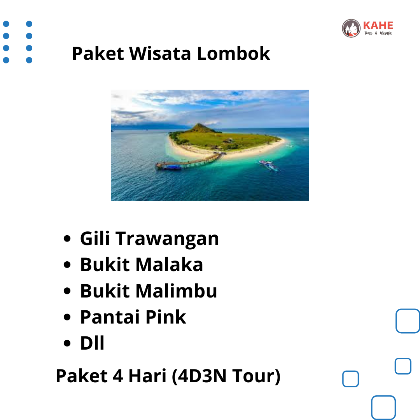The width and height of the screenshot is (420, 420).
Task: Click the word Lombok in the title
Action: point(233,53)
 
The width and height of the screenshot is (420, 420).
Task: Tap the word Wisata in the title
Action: point(160,53)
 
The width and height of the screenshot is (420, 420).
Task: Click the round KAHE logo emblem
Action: point(351,28)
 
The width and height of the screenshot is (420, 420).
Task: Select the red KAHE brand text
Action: point(378,25)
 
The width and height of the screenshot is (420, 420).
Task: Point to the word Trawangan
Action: point(167,239)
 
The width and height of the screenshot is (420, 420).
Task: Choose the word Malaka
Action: point(169,264)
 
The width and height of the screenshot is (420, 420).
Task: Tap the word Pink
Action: point(166,317)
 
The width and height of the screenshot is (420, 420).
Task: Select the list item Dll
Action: point(92,343)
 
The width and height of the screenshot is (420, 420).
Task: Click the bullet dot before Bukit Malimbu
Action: point(67,291)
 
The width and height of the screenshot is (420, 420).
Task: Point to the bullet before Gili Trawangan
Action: point(67,238)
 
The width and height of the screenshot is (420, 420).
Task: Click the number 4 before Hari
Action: point(118,376)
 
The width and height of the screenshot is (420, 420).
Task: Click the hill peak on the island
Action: point(199,124)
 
